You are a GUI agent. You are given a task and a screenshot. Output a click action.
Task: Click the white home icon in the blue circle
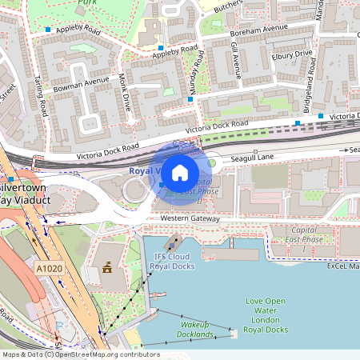click(x=180, y=172)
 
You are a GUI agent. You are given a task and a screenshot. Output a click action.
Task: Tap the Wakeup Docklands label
click(x=196, y=330)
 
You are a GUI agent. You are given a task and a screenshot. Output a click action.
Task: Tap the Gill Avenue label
click(x=234, y=61)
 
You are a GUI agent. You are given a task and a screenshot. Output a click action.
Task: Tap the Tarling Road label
click(x=39, y=97)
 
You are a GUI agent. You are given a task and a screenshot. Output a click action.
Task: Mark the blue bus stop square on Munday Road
click(x=190, y=99)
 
